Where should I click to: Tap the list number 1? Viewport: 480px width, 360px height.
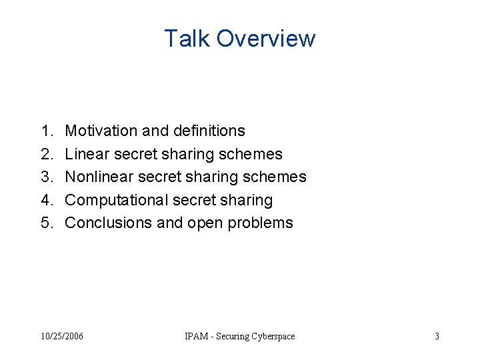pos(46,131)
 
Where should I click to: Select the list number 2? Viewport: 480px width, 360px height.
pos(46,154)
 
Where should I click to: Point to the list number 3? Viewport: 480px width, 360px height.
pos(46,177)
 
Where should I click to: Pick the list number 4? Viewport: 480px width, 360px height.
pos(46,200)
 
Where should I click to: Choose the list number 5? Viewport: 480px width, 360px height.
pos(46,223)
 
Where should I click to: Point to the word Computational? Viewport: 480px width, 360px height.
pos(116,200)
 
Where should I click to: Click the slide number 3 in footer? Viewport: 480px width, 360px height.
pos(437,336)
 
